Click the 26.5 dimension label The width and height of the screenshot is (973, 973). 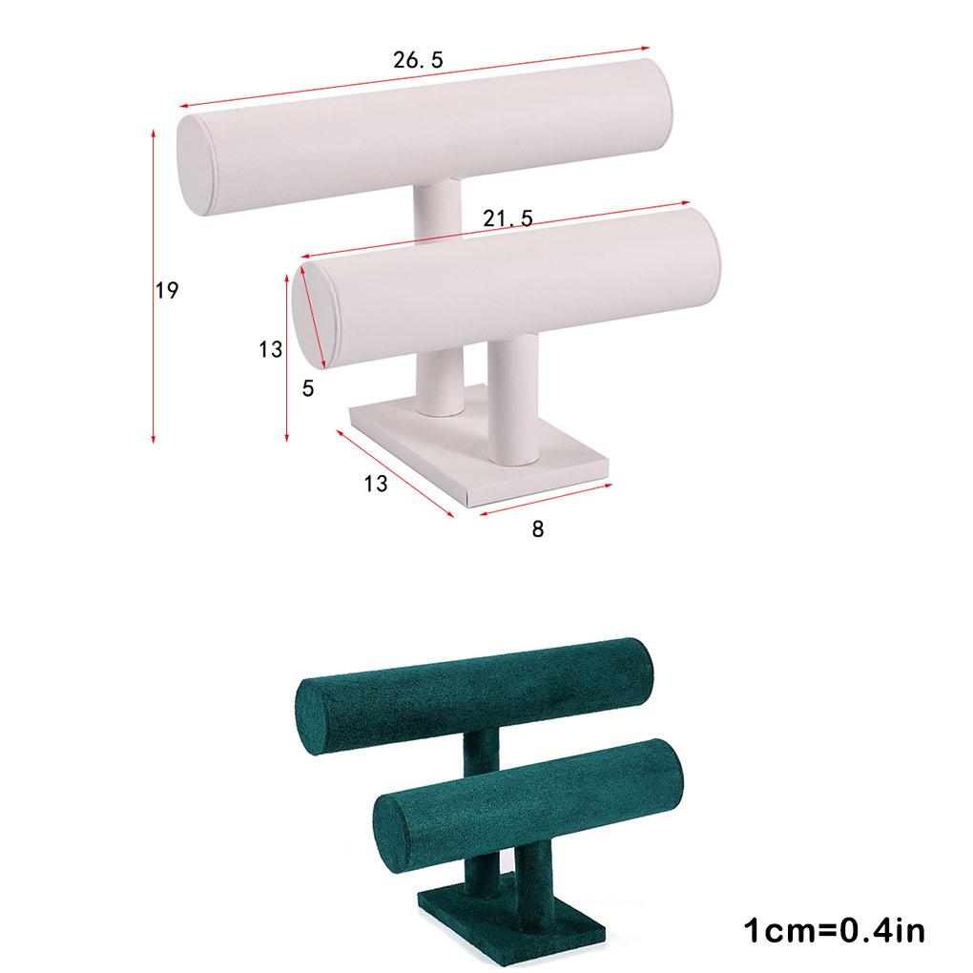click(x=418, y=60)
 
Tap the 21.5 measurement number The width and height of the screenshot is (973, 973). click(x=507, y=219)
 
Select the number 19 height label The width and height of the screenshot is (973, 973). click(x=167, y=291)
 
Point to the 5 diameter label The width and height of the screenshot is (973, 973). click(x=308, y=388)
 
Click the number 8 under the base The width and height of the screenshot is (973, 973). click(x=538, y=528)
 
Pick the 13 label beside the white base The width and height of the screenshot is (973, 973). click(x=376, y=484)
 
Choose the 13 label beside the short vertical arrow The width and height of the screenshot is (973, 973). click(x=270, y=350)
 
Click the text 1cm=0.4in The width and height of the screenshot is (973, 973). click(x=834, y=930)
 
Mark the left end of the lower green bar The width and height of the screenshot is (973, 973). click(x=392, y=824)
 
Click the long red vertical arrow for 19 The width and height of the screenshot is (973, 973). click(x=153, y=286)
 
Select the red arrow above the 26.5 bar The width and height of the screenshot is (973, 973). click(x=415, y=76)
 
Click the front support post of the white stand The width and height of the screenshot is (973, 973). click(x=511, y=401)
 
